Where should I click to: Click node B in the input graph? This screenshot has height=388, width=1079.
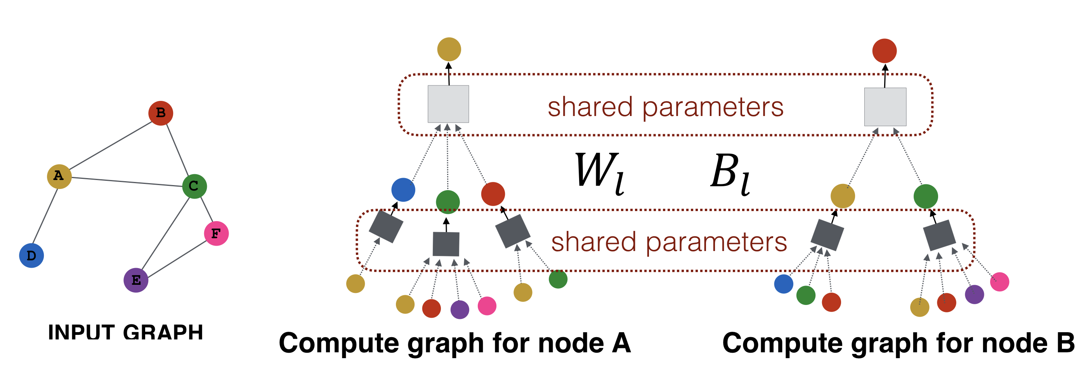[x=161, y=113]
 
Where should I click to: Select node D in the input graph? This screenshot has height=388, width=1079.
[x=31, y=255]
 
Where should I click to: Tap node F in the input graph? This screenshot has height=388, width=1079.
[x=216, y=233]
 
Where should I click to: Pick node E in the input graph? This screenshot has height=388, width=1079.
[x=136, y=280]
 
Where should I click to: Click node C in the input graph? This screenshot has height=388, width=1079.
[x=194, y=186]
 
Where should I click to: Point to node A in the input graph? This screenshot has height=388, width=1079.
[x=59, y=176]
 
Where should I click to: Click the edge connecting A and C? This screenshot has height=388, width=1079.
[x=126, y=182]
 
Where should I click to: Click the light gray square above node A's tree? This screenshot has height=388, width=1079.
[x=448, y=104]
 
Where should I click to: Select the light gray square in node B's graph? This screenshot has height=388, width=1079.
[x=885, y=106]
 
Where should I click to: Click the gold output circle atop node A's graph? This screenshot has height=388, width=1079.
[x=449, y=49]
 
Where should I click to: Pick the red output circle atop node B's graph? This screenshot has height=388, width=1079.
[x=884, y=51]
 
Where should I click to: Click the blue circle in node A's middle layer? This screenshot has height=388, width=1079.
[x=403, y=190]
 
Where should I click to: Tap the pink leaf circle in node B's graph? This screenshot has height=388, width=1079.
[x=999, y=282]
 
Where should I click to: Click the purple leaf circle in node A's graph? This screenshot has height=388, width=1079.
[x=460, y=310]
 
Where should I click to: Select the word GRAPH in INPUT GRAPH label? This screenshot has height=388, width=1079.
[x=163, y=333]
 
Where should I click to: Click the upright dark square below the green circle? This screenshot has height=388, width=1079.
[x=446, y=244]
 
